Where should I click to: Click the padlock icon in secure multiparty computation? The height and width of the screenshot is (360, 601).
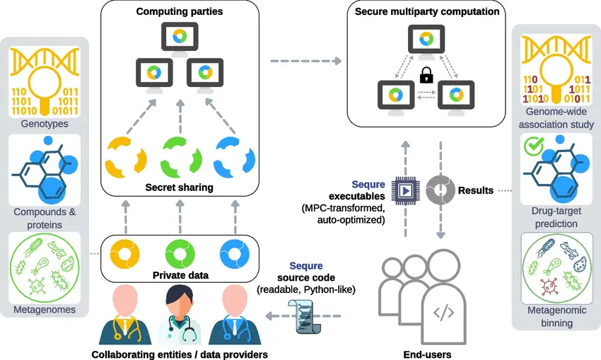pos(426,74)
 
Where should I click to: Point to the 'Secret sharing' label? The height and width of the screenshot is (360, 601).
pos(179,187)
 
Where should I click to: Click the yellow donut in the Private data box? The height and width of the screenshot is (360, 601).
pos(128,252)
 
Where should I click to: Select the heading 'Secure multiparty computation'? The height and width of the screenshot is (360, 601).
pos(427,11)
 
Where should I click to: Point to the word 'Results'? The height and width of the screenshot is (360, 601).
pos(476,190)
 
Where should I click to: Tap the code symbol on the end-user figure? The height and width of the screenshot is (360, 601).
pos(443,312)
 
